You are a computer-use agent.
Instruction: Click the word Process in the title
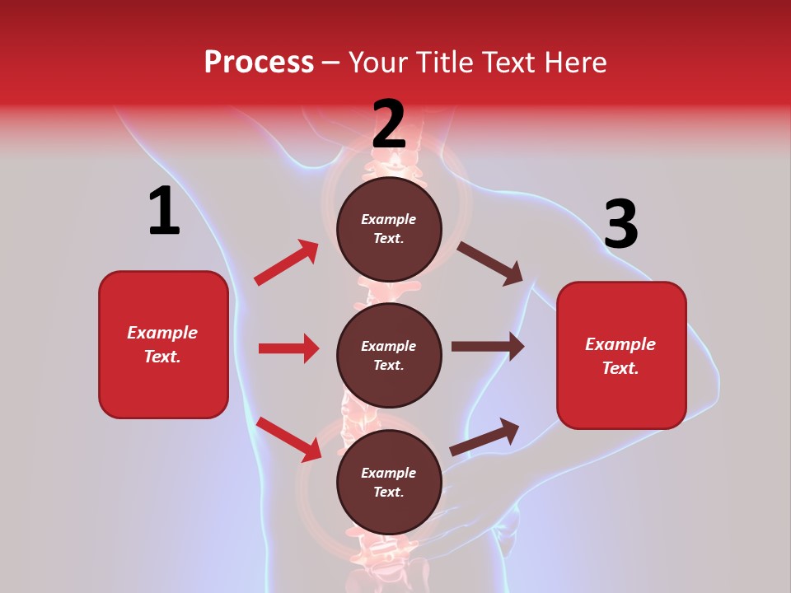coord(259,63)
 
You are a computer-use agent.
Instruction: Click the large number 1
coord(164,212)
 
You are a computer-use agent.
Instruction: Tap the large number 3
coord(620,225)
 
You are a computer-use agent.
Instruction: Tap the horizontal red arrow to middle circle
coord(288,348)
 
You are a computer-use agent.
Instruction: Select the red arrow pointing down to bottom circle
coord(289,438)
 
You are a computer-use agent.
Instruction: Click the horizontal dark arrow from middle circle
coord(488,347)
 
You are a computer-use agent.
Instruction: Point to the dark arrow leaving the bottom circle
coord(484,437)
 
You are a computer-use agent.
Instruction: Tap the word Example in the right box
coord(620,344)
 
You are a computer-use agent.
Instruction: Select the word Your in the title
coord(378,63)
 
